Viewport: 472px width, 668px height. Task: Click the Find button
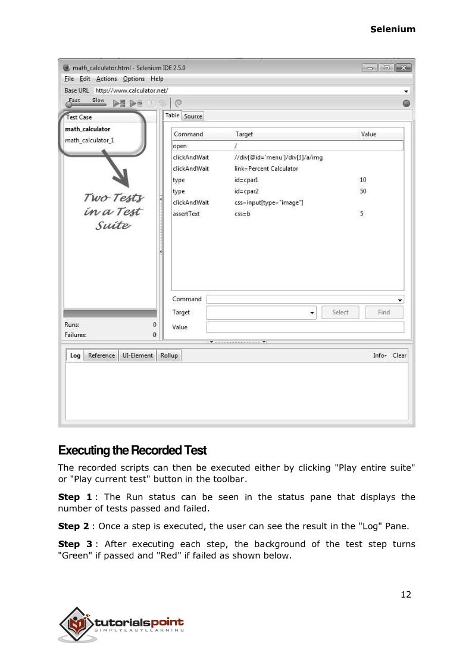point(384,312)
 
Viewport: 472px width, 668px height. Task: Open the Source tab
point(193,116)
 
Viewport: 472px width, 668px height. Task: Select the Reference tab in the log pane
point(101,355)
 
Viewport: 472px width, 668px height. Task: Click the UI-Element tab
point(137,355)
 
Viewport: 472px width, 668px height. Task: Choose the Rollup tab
point(169,355)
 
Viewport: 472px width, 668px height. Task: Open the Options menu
point(134,79)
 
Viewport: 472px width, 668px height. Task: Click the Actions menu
point(107,79)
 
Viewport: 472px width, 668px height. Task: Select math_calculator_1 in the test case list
point(89,141)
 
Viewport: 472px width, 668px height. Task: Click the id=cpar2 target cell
point(246,191)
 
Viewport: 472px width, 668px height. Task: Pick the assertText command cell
point(186,214)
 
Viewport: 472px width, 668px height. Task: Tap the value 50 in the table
point(363,191)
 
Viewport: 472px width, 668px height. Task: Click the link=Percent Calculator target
point(266,168)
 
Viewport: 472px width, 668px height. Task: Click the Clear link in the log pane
point(399,355)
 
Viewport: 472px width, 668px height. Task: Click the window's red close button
point(404,68)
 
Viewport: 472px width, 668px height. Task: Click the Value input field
point(305,327)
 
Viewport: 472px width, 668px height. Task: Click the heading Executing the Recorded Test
point(132,449)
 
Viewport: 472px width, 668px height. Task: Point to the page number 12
point(405,594)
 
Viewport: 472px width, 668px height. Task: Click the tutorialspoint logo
point(121,624)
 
